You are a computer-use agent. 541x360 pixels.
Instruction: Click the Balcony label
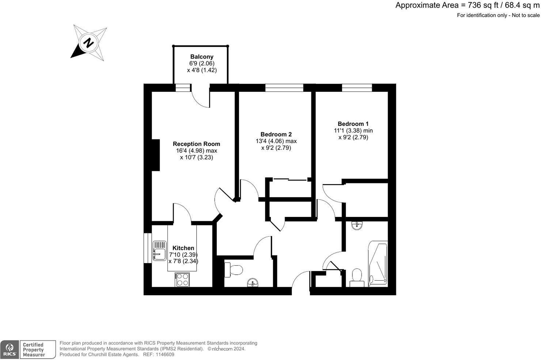coord(202,57)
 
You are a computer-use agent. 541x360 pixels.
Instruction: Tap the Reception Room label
coord(196,144)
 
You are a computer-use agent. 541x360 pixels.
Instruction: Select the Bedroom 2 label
coord(276,134)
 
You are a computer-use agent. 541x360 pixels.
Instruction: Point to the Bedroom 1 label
coord(353,124)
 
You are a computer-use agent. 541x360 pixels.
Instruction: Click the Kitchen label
coord(183,248)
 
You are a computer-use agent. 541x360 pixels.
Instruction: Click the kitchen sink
coord(159,251)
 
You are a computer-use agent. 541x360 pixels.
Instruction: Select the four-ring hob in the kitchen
coord(182,280)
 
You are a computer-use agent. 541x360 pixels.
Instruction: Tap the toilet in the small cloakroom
coord(234,270)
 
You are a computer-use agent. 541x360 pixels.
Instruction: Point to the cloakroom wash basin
coord(253,282)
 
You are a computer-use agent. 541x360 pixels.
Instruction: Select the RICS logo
coord(10,349)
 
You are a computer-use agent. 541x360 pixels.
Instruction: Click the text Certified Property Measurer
coord(34,350)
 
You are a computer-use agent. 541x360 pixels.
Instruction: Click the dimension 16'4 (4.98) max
coord(196,151)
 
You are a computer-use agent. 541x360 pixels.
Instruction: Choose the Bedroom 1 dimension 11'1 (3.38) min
coord(353,131)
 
